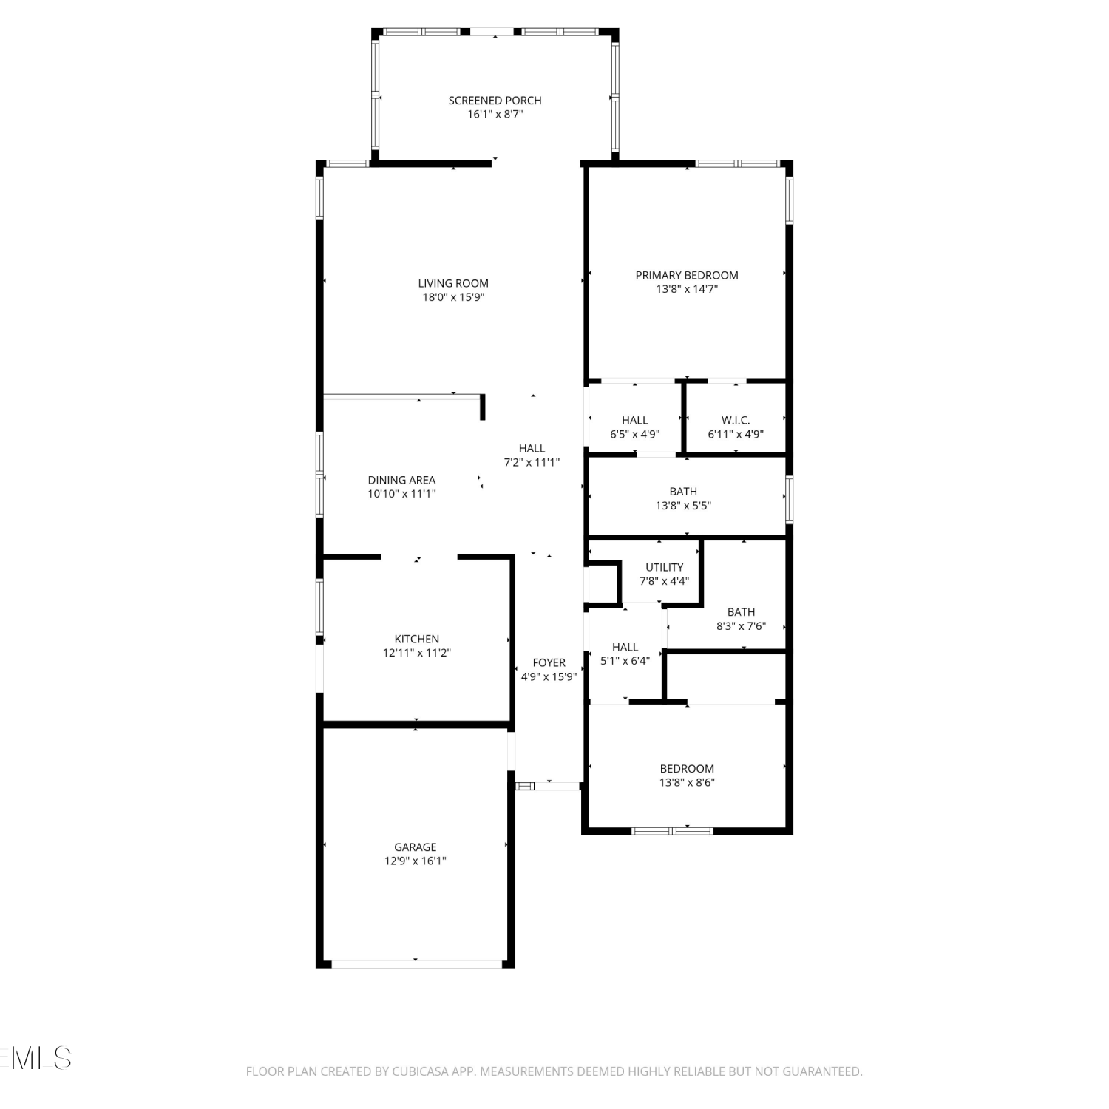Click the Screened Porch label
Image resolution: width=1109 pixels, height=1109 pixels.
pyautogui.click(x=495, y=101)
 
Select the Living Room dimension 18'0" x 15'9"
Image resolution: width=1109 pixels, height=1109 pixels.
pyautogui.click(x=453, y=297)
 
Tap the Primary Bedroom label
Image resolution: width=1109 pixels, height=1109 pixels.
pyautogui.click(x=687, y=275)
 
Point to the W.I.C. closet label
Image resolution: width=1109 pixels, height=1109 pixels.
pyautogui.click(x=736, y=420)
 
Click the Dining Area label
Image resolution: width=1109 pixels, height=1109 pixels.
pyautogui.click(x=401, y=480)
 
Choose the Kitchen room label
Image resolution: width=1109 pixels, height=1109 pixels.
pyautogui.click(x=417, y=639)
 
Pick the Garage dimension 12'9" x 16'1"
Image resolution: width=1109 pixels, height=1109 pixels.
pyautogui.click(x=416, y=861)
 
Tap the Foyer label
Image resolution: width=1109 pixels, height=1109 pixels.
pyautogui.click(x=549, y=662)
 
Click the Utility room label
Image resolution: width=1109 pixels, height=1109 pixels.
pyautogui.click(x=665, y=567)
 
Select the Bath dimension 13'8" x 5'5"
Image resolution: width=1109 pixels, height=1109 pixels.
pyautogui.click(x=683, y=506)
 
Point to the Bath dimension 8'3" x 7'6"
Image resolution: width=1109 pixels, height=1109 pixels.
pyautogui.click(x=741, y=625)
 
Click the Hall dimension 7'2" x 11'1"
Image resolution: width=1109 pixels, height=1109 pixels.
pyautogui.click(x=532, y=462)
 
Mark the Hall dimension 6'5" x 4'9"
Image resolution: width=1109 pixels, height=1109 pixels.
pyautogui.click(x=634, y=434)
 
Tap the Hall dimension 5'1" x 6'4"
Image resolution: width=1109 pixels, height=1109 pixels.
pyautogui.click(x=625, y=661)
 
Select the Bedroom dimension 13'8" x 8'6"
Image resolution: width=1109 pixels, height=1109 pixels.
pyautogui.click(x=687, y=782)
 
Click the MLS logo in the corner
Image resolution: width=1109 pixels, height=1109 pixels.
pyautogui.click(x=36, y=1057)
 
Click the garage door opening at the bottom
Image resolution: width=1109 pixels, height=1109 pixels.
pyautogui.click(x=416, y=963)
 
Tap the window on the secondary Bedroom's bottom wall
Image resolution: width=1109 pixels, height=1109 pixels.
pyautogui.click(x=672, y=831)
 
